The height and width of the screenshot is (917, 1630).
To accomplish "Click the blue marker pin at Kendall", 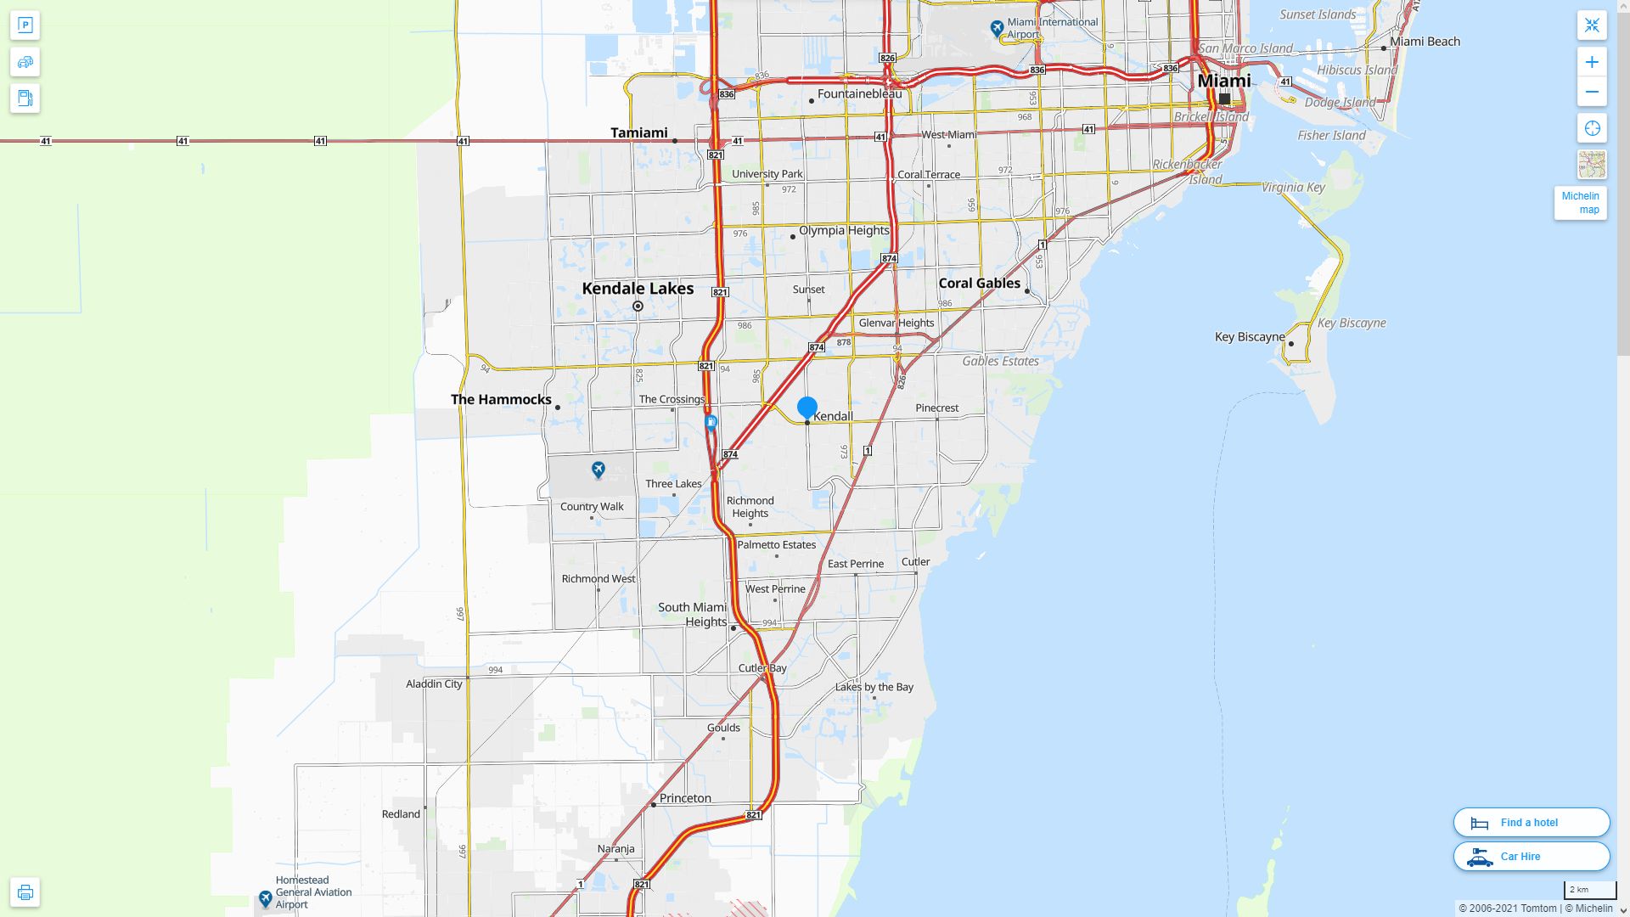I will tap(807, 408).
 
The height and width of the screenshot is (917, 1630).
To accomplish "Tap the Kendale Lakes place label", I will tap(638, 289).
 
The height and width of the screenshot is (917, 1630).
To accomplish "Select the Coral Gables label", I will tap(979, 284).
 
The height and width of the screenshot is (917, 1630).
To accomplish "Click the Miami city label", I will tap(1223, 81).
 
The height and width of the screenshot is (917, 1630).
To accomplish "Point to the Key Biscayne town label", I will tap(1250, 337).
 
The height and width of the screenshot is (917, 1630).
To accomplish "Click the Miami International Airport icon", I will tap(998, 29).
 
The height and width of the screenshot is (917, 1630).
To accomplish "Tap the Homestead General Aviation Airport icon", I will tap(266, 897).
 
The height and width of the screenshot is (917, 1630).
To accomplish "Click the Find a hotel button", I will tap(1531, 823).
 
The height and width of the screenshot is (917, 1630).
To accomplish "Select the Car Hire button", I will tap(1531, 857).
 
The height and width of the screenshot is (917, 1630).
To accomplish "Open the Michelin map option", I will tap(1580, 203).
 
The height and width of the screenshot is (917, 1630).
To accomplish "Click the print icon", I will tap(25, 892).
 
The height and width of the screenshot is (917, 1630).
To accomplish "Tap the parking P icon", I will tap(25, 25).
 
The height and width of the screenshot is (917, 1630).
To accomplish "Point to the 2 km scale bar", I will tap(1589, 891).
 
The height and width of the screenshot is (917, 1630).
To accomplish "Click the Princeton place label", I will tap(685, 798).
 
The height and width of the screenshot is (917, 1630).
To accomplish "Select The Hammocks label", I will tap(501, 400).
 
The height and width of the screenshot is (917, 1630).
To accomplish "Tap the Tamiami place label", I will tap(638, 132).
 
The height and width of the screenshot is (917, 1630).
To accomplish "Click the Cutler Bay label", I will tap(762, 668).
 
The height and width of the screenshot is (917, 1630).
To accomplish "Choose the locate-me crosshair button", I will tap(1592, 128).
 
